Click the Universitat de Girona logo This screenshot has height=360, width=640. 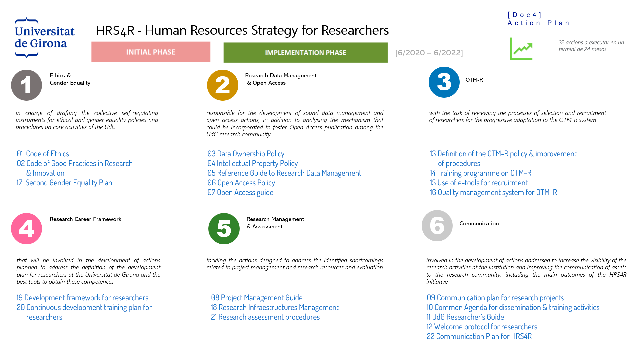coord(44,38)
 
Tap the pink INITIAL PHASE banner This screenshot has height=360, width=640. coord(151,52)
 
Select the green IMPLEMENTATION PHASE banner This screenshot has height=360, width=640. coord(306,52)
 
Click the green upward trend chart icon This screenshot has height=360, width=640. coord(521,49)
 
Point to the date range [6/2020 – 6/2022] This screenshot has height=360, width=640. coord(429,53)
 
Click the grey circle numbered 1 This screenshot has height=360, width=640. coord(27,85)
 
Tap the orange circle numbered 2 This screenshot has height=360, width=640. coord(223,85)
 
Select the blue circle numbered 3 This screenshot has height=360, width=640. coord(444,82)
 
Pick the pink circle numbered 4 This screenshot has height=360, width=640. coord(27,229)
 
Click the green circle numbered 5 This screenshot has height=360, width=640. coord(224,229)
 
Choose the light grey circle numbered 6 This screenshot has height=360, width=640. coord(437,226)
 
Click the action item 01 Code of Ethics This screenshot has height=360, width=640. coord(43,154)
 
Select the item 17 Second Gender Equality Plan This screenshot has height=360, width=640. coord(64,183)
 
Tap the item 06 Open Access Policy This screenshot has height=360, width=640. coord(241,183)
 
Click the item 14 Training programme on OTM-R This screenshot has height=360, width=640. coord(481,173)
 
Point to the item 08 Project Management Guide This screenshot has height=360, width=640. coord(257,298)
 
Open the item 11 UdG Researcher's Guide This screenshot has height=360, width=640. coord(465,317)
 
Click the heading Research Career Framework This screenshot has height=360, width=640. coord(86,219)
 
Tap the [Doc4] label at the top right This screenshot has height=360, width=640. coord(525,15)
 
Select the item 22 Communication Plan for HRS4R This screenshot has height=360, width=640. coord(479,336)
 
